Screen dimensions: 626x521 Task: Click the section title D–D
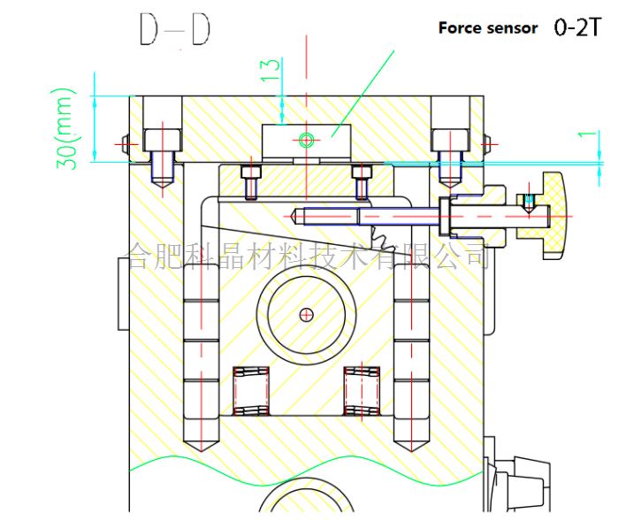pyautogui.click(x=175, y=29)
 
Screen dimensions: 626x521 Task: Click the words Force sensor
pyautogui.click(x=488, y=28)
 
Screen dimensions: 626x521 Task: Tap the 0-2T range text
pyautogui.click(x=577, y=27)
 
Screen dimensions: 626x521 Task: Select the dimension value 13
pyautogui.click(x=271, y=70)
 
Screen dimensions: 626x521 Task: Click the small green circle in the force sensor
pyautogui.click(x=306, y=140)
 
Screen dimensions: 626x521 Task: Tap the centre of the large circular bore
pyautogui.click(x=306, y=315)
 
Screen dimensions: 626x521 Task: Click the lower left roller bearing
pyautogui.click(x=251, y=391)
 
